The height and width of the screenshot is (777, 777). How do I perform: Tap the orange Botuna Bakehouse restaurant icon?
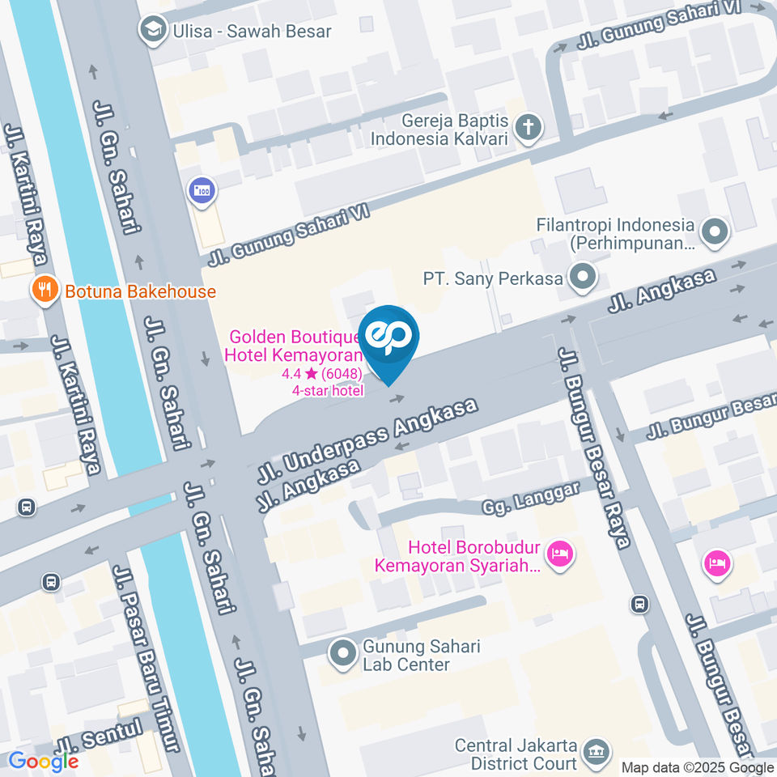44,291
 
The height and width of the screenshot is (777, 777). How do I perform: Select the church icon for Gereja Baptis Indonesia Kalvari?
529,128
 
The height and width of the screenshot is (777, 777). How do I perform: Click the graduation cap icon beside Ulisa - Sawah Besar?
151,32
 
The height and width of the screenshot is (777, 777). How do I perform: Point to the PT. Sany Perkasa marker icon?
581,278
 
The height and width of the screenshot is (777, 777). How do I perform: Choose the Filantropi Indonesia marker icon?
715,233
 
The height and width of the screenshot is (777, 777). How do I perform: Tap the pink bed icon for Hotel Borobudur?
558,555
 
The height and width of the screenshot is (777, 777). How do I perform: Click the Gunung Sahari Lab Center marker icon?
343,655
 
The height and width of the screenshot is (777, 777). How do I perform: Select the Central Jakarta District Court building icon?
597,752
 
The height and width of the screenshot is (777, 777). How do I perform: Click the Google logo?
43,761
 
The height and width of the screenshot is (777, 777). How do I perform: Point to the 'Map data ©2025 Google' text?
697,767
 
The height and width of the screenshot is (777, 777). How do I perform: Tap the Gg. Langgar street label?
531,499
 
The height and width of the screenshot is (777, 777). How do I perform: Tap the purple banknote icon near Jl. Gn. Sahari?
201,191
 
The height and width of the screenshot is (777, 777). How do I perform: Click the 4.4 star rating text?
321,374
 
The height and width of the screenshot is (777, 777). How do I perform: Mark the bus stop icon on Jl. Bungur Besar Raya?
639,603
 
